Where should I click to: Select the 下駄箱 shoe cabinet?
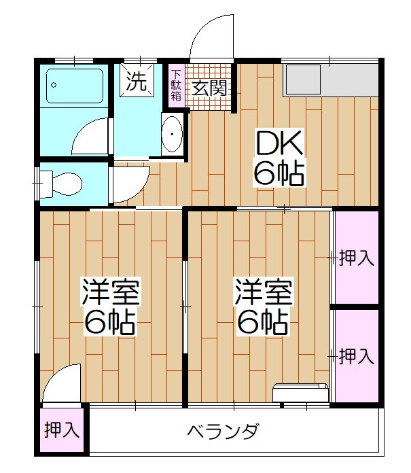coord(176,86)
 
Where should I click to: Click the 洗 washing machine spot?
coord(137,83)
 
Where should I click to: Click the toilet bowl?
coord(65,182)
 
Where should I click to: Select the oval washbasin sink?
coord(173,135)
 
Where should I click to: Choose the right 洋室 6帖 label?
coord(264,305)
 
